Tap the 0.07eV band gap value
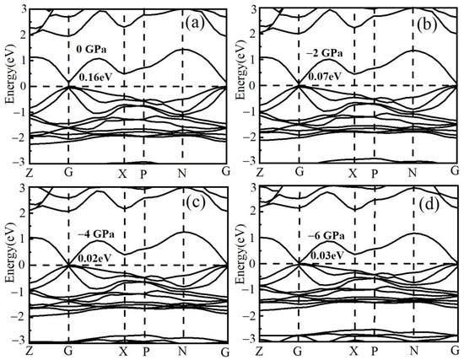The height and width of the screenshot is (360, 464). [327, 78]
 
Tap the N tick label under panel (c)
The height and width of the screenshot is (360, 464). [182, 351]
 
